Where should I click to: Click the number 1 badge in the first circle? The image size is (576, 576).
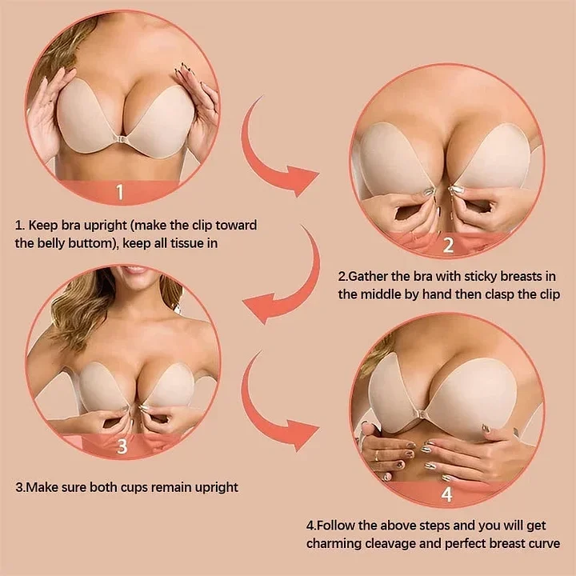(x=121, y=193)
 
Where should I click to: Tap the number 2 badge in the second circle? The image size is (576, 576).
(x=448, y=245)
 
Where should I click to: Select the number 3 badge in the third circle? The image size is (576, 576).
(x=122, y=446)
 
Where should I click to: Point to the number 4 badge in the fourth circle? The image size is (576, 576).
(x=446, y=494)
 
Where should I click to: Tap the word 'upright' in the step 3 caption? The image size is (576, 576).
(x=212, y=486)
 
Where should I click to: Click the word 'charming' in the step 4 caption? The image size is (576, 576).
(x=334, y=543)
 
